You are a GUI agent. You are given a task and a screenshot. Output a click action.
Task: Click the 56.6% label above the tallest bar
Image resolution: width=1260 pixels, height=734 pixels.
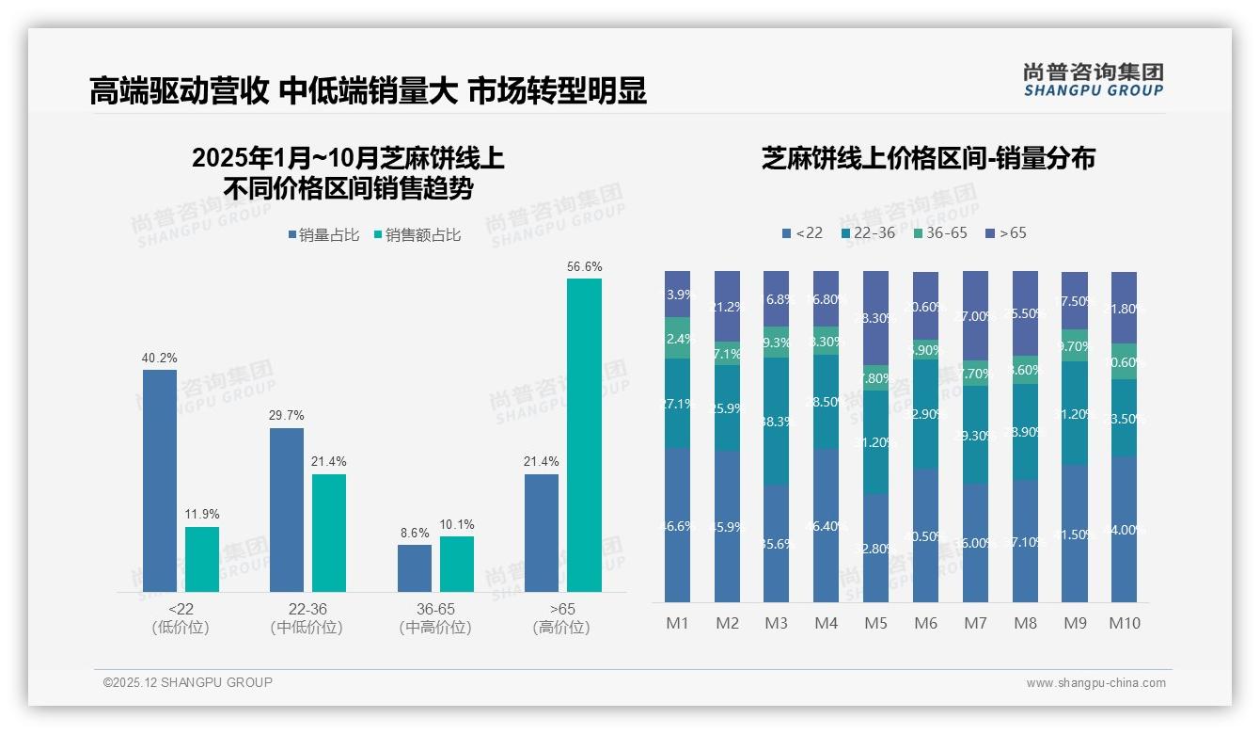click(584, 267)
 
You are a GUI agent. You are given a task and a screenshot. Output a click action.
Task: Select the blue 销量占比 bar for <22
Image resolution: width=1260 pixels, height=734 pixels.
click(160, 480)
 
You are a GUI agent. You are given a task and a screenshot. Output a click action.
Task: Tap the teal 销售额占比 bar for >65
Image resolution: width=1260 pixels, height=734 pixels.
click(584, 435)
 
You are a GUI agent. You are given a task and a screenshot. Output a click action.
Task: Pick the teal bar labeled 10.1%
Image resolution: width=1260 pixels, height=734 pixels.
click(457, 564)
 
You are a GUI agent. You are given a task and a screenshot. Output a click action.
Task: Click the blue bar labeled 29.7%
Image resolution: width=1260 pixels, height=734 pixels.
click(287, 509)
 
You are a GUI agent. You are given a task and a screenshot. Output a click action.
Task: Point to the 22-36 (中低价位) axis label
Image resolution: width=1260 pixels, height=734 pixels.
click(306, 618)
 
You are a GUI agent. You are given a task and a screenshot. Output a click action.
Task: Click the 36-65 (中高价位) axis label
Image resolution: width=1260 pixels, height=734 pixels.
click(434, 618)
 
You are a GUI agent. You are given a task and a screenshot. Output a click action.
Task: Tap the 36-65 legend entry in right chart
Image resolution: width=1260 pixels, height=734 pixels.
click(939, 232)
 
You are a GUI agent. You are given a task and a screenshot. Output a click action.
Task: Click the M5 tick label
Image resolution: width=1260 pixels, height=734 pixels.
click(875, 623)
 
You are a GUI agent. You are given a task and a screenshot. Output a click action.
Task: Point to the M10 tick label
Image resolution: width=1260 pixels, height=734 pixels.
click(1124, 623)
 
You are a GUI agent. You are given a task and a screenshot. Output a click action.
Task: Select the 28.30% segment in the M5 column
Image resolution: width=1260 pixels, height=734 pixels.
click(875, 318)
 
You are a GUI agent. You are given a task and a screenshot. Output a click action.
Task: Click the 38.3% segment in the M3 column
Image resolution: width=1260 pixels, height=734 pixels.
click(776, 422)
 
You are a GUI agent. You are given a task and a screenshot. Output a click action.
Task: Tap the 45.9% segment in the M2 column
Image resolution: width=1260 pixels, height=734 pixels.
click(727, 526)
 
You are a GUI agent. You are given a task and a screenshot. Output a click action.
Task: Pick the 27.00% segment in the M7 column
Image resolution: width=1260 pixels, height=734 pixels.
click(975, 316)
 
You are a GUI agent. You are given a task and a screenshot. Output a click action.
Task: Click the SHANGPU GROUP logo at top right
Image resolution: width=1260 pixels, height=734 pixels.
click(1093, 80)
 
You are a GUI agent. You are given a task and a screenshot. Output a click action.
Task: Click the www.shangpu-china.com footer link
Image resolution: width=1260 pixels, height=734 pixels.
click(1095, 683)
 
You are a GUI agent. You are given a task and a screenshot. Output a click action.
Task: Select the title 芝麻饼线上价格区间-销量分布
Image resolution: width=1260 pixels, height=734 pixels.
click(928, 158)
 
